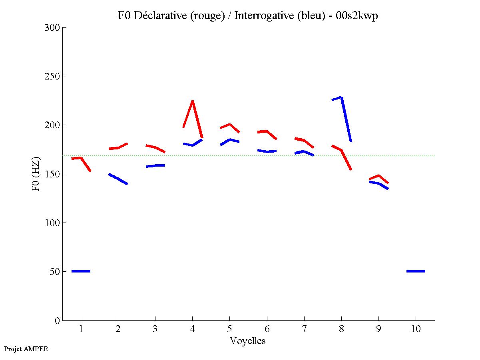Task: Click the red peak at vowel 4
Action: pos(193,101)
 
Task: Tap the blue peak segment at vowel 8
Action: pos(341,97)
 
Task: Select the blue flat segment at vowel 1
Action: pos(81,271)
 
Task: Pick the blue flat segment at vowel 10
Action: pos(416,271)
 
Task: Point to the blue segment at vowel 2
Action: pos(118,179)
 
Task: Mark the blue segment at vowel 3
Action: pos(155,165)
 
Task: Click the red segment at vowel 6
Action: pos(267,131)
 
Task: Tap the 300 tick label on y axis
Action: pos(52,28)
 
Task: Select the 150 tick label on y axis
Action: pos(52,174)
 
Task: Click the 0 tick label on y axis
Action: pos(57,321)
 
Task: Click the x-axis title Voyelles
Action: pos(248,341)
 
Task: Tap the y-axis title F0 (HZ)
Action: pos(36,174)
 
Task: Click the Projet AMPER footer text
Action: pos(26,349)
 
